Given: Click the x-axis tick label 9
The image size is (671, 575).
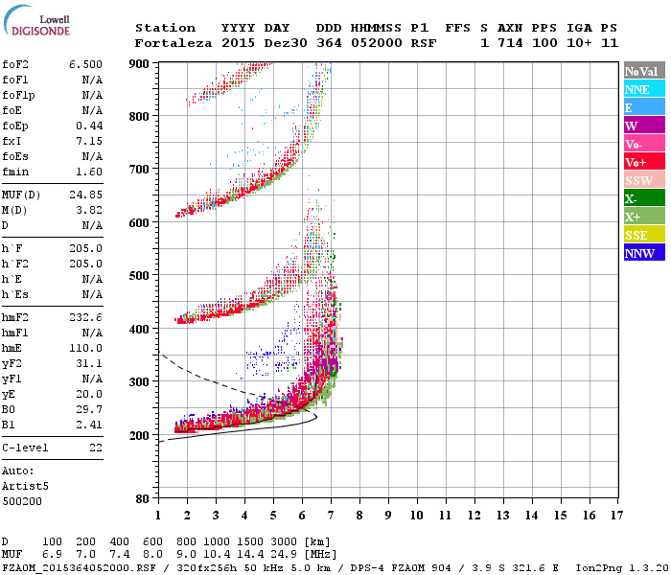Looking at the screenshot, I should point(388,516).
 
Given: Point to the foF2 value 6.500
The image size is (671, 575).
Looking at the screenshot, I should point(85,64).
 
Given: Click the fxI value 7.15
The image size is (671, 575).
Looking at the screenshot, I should point(92,141).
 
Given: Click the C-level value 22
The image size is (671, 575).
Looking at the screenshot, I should point(96,448).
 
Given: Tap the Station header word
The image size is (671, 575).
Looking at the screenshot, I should point(165,28).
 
